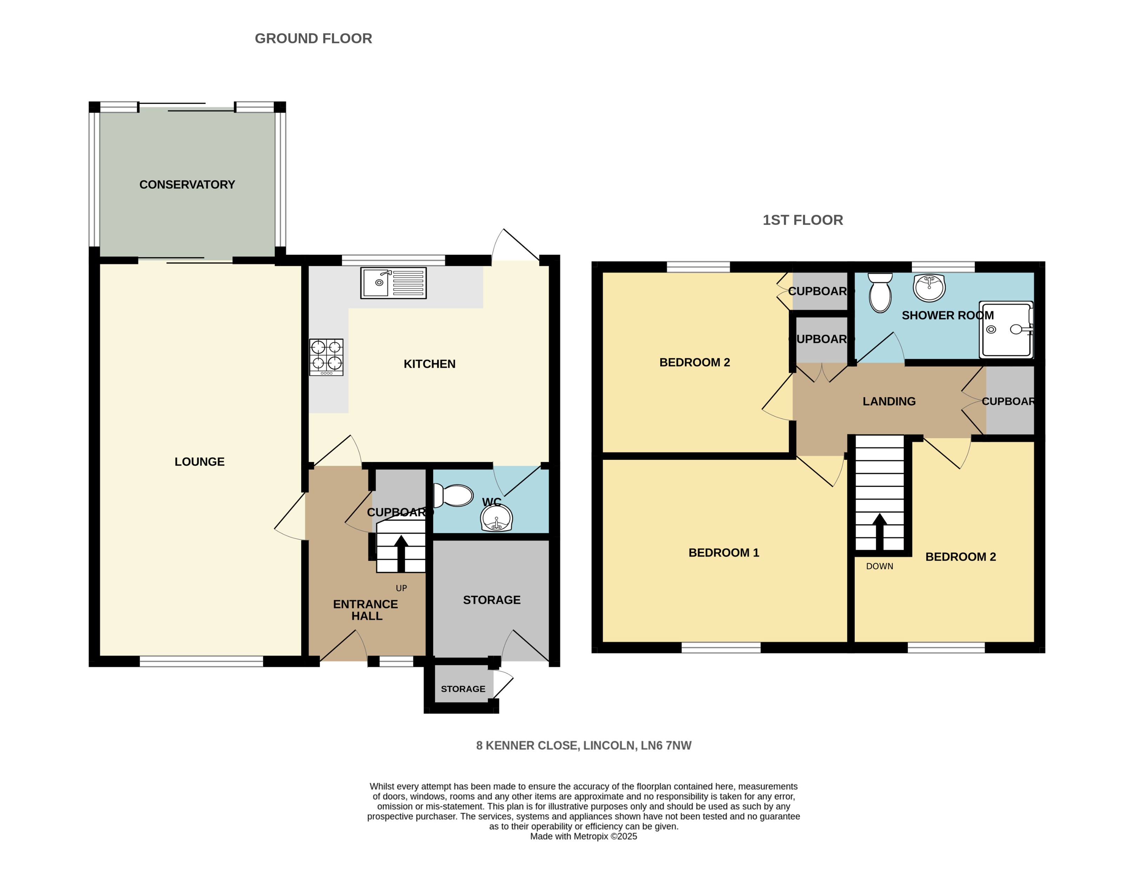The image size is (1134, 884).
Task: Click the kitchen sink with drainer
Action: click(393, 283)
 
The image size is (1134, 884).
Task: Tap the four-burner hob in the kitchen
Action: click(326, 357)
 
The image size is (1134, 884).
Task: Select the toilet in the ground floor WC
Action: click(453, 495)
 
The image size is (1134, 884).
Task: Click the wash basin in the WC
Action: click(496, 518)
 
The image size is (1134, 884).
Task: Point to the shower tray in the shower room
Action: click(1006, 330)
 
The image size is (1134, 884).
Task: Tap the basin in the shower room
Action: click(929, 288)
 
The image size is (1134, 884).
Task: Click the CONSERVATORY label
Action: click(187, 185)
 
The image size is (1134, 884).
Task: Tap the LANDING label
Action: click(889, 401)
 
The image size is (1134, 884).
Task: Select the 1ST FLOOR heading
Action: click(802, 220)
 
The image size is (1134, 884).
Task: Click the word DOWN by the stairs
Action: click(879, 566)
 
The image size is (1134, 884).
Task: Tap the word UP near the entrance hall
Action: click(401, 588)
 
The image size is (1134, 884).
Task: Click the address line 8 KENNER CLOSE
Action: click(584, 745)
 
